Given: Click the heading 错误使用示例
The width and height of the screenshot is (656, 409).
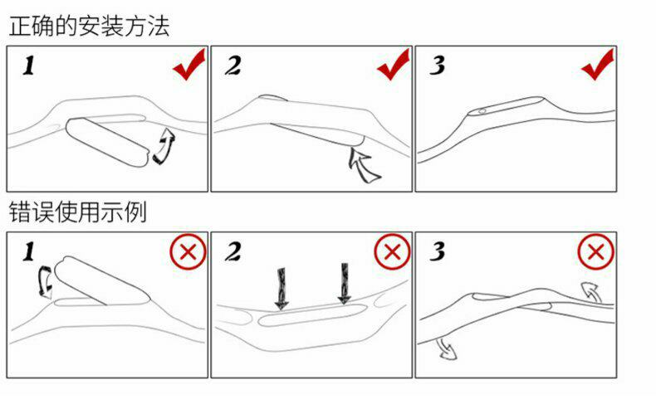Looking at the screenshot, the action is click(78, 212).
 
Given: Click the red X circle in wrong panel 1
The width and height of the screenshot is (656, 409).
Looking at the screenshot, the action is click(188, 253).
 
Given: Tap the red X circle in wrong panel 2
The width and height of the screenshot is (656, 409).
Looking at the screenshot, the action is click(392, 253).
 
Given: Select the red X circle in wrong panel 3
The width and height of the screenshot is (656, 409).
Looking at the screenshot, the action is click(595, 253).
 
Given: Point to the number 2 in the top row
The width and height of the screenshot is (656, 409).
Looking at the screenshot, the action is click(233, 66).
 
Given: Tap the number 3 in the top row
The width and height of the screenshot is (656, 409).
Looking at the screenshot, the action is click(437, 66).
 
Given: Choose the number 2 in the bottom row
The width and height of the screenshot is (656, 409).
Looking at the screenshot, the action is click(233, 252).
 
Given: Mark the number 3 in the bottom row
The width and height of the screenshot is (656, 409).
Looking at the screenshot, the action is click(437, 252).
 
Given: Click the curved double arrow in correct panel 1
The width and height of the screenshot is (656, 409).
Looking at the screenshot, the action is click(164, 147).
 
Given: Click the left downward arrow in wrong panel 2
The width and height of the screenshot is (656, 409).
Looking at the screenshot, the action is click(282, 285).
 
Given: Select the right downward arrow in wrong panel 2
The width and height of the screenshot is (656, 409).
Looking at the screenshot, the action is click(345, 284).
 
